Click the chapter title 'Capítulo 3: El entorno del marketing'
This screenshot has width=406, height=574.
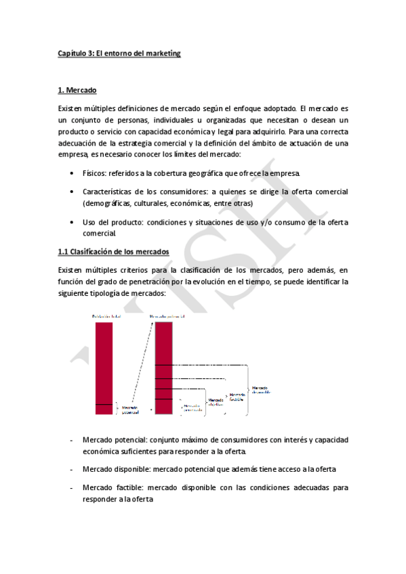click(119, 53)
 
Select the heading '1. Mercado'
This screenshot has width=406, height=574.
click(78, 90)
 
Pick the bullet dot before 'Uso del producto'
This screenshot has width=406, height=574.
click(73, 221)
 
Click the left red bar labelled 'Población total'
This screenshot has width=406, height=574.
click(104, 366)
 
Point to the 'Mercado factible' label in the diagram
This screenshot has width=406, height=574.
click(237, 397)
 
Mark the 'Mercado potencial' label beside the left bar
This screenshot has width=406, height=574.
click(129, 409)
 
